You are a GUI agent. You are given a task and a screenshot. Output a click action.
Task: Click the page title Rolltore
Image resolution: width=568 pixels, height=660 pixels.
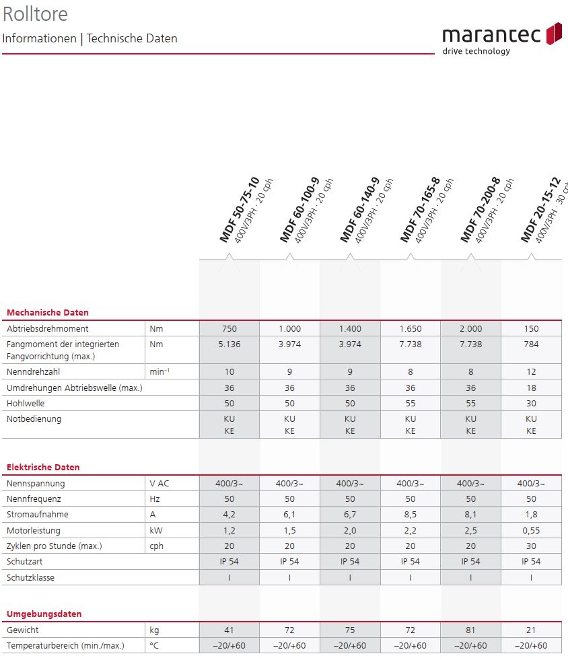click(35, 13)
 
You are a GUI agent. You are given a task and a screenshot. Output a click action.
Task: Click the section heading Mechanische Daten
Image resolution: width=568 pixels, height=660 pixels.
click(47, 312)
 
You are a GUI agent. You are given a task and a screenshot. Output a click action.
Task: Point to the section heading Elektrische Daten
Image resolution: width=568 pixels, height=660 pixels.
click(43, 467)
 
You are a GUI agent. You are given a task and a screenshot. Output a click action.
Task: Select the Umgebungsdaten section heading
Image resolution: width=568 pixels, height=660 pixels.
click(44, 614)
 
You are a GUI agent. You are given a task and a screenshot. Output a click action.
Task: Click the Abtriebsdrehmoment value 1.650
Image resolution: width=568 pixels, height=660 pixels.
click(410, 329)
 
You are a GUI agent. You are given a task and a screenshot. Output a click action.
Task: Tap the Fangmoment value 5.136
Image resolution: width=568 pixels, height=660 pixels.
click(229, 344)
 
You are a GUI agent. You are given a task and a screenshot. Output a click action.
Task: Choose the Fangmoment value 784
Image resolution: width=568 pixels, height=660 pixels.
click(531, 344)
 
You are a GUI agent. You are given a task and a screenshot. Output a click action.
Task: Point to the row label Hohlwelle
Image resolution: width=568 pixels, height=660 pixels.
click(26, 403)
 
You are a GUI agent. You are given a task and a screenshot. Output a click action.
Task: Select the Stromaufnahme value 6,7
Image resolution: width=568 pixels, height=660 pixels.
click(349, 515)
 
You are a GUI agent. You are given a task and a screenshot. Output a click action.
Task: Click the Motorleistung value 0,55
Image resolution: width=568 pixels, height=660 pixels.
click(531, 530)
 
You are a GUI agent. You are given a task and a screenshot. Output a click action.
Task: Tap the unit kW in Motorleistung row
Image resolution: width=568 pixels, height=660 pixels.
click(156, 530)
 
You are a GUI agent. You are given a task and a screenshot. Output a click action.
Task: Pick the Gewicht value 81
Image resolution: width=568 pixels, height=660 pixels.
click(470, 630)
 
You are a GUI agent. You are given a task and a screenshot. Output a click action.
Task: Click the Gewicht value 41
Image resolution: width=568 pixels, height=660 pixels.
click(229, 630)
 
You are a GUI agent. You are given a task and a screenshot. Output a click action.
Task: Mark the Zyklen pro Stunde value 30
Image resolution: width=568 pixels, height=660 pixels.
click(531, 546)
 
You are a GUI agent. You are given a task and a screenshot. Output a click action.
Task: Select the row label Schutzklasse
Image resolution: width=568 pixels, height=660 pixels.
click(30, 577)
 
